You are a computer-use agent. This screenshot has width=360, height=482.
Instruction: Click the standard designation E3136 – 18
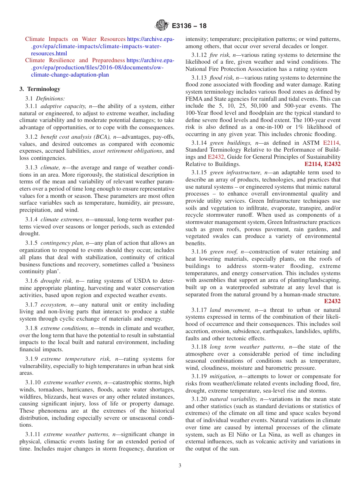click(189, 26)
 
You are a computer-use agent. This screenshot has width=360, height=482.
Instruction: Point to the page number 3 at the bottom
click(180, 466)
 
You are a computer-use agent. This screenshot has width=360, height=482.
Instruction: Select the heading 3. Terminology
click(40, 89)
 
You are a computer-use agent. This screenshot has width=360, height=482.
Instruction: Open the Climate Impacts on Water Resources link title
click(75, 39)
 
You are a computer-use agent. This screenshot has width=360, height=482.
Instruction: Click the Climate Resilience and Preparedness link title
click(75, 60)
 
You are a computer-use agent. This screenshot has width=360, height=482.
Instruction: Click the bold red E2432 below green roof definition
click(332, 302)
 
